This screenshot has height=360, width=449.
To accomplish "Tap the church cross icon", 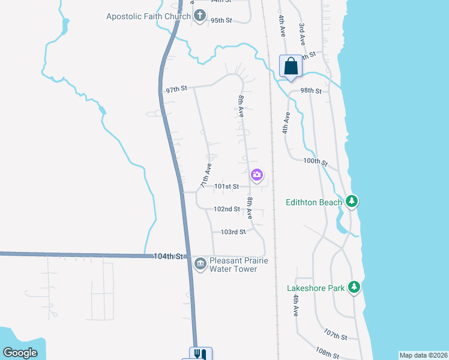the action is [200, 16].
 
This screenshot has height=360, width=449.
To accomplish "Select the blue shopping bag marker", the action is [291, 66].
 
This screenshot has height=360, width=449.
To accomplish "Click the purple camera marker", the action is [257, 175].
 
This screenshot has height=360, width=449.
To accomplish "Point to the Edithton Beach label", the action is [314, 202].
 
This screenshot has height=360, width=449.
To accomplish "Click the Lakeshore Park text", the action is [316, 288].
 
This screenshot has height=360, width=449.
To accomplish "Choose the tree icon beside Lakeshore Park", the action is [355, 287].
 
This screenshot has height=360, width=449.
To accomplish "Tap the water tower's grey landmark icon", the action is [200, 262].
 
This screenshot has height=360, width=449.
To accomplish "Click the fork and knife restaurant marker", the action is [201, 355].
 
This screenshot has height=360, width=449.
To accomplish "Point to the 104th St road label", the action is [167, 256].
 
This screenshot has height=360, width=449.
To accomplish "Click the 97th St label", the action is [177, 89].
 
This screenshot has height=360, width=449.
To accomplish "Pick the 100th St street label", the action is [315, 161].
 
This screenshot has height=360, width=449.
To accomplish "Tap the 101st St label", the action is [228, 187].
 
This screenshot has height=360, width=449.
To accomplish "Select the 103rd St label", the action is [234, 232].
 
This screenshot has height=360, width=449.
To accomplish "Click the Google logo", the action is [20, 353].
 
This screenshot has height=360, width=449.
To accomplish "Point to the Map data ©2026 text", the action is [423, 355].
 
